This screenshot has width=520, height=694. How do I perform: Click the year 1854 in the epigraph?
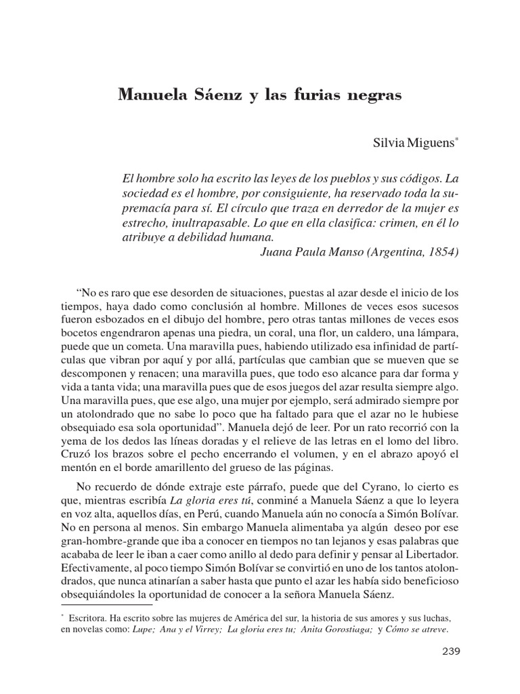click(441, 252)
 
